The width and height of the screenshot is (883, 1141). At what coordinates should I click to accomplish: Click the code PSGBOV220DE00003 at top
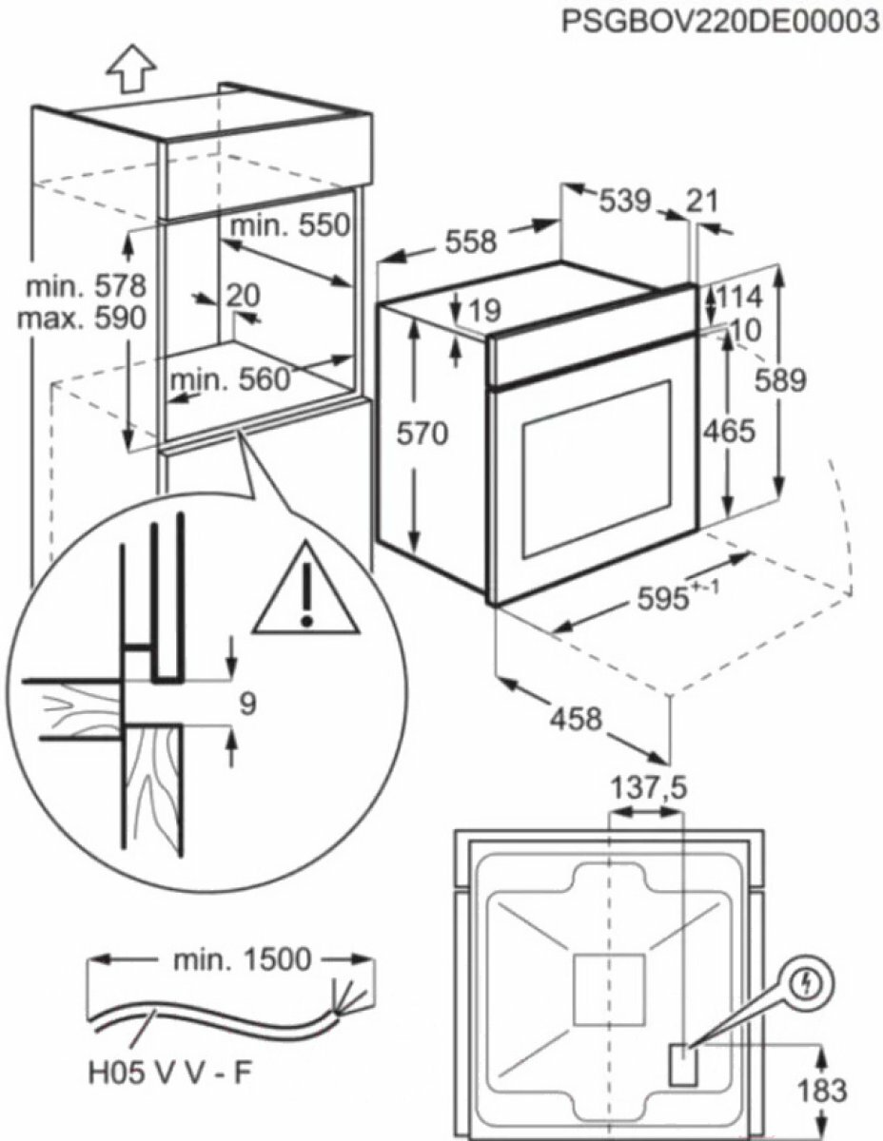[719, 21]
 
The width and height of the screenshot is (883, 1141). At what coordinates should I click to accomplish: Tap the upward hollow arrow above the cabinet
[130, 69]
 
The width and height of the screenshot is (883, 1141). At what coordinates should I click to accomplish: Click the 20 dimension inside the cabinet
[244, 296]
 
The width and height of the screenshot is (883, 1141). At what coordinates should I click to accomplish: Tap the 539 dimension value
[624, 201]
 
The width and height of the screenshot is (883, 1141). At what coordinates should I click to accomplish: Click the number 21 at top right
[701, 201]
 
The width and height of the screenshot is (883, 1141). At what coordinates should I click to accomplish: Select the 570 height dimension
[421, 435]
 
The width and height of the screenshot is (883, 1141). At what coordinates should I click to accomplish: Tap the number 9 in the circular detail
[247, 705]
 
